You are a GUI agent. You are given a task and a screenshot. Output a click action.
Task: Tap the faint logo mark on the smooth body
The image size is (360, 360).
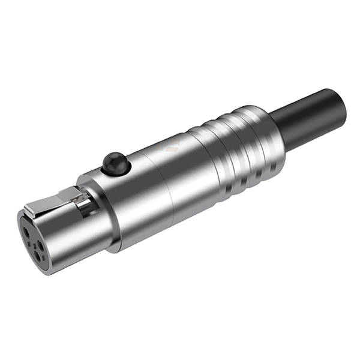click(173, 146)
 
